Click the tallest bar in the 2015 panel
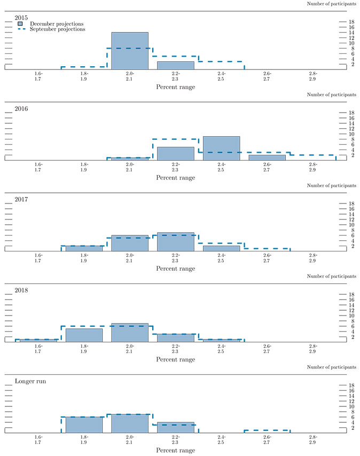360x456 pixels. [130, 51]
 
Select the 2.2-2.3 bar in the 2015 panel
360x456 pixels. [176, 66]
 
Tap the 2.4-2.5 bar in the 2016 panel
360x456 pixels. [221, 148]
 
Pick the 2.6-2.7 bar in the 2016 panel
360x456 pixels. [267, 158]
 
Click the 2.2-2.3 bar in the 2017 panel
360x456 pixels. [176, 242]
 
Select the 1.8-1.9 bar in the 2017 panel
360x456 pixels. [84, 248]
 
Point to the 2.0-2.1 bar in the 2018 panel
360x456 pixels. [130, 333]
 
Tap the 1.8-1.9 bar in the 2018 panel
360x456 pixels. [84, 335]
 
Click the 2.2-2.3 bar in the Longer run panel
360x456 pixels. [176, 427]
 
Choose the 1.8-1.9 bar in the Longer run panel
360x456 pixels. [84, 424]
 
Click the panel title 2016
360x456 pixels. [22, 109]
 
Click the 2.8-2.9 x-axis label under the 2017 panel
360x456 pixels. [312, 258]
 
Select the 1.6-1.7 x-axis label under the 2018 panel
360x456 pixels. [38, 349]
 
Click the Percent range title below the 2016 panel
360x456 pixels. [176, 178]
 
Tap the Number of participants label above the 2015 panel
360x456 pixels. [332, 4]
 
